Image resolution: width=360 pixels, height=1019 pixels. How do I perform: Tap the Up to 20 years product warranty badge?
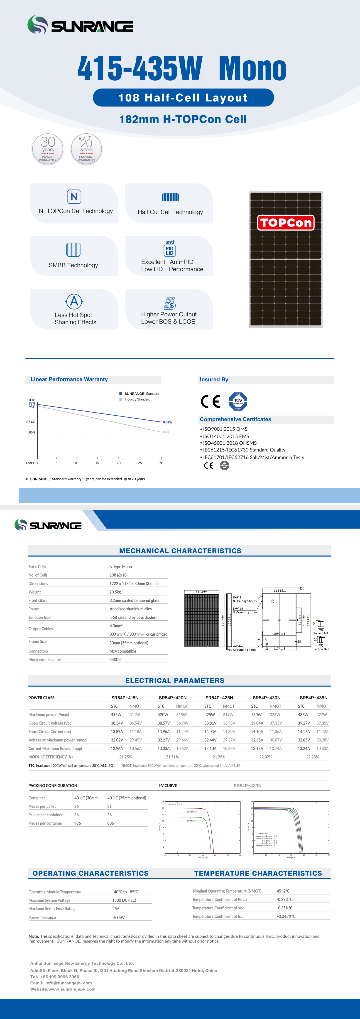coord(86,149)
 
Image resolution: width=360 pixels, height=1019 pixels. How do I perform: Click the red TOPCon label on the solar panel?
coord(286,223)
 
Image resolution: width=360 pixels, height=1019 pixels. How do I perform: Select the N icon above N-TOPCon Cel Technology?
coord(74,197)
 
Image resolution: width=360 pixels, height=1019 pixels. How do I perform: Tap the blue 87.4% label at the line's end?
coord(167,422)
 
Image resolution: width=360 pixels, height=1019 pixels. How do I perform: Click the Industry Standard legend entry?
coord(137,399)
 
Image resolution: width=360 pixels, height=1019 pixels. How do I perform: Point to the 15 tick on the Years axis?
coord(97,463)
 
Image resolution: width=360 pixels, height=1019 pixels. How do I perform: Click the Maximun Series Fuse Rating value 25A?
coord(116,909)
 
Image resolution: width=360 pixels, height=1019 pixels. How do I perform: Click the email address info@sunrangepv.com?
coord(69,983)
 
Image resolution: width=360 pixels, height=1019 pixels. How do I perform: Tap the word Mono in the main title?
coord(252,69)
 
